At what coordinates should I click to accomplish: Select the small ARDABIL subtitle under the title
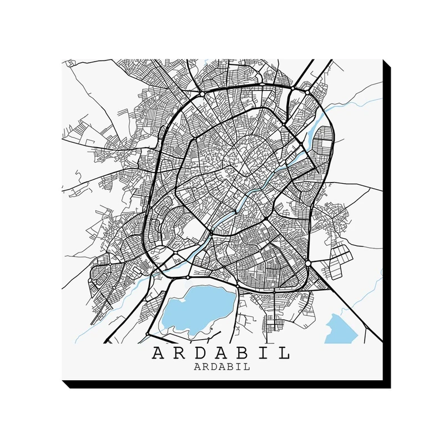[221, 366]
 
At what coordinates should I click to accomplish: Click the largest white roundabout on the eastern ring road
[307, 262]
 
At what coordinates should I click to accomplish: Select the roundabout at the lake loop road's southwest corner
[147, 333]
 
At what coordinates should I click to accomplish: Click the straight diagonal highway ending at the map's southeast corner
[355, 311]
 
